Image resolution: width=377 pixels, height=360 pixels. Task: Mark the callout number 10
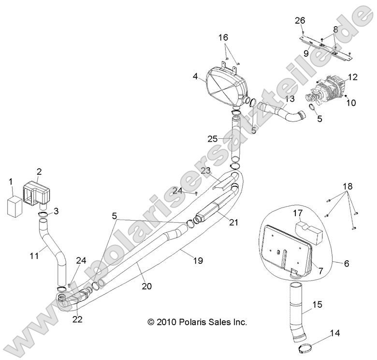[351, 103]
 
